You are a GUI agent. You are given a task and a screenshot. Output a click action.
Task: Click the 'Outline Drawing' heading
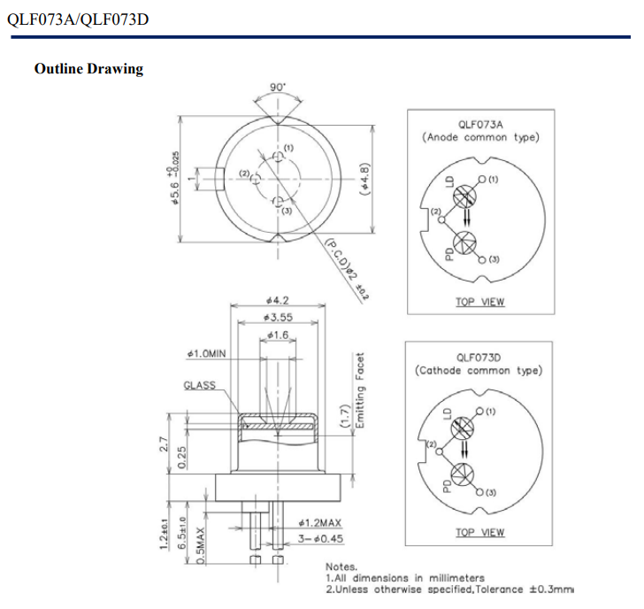[88, 69]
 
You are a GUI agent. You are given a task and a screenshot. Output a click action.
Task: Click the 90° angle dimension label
[278, 88]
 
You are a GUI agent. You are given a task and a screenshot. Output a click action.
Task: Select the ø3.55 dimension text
[279, 317]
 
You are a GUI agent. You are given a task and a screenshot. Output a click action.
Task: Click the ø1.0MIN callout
[208, 354]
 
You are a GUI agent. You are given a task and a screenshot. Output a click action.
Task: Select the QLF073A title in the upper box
[479, 126]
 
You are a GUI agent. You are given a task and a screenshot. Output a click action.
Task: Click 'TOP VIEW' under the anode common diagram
[480, 302]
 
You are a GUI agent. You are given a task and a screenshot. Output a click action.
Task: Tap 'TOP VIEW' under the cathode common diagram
[480, 532]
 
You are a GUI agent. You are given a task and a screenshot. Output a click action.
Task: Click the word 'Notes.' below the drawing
[342, 567]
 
